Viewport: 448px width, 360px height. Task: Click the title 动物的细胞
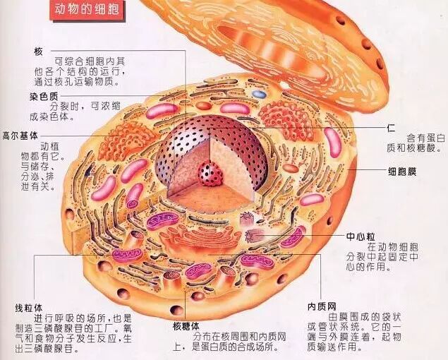click(83, 11)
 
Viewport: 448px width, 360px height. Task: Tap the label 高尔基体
click(19, 134)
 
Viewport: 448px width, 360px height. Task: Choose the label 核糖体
click(185, 325)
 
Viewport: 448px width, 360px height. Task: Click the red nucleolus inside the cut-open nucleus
click(209, 172)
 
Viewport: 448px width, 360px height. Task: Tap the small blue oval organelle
click(260, 93)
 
